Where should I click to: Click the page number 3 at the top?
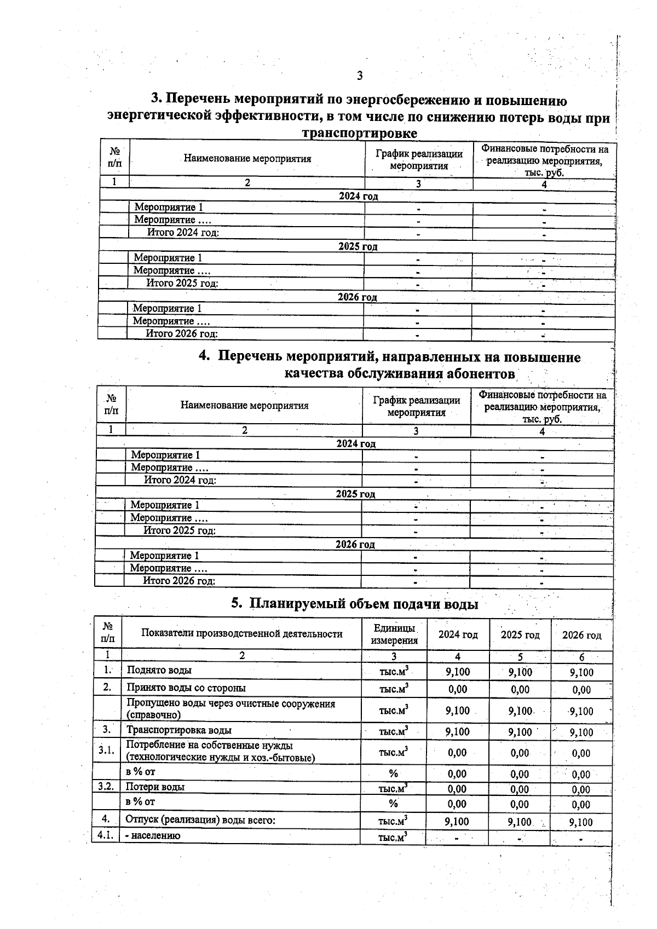pyautogui.click(x=360, y=76)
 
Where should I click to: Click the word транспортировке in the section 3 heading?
pyautogui.click(x=359, y=133)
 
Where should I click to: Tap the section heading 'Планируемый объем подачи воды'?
pyautogui.click(x=354, y=604)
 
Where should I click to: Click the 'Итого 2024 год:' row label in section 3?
pyautogui.click(x=183, y=233)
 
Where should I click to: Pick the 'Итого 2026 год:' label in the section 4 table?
pyautogui.click(x=179, y=581)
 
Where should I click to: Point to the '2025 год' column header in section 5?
pyautogui.click(x=520, y=635)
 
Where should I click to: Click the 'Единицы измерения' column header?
pyautogui.click(x=394, y=634)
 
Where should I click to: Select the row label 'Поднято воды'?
pyautogui.click(x=159, y=670)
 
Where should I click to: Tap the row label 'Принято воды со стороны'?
pyautogui.click(x=186, y=688)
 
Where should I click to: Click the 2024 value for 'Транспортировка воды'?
pyautogui.click(x=458, y=732)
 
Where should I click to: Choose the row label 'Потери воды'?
pyautogui.click(x=155, y=787)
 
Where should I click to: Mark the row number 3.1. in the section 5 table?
pyautogui.click(x=106, y=751)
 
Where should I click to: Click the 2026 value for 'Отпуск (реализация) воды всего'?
pyautogui.click(x=581, y=822)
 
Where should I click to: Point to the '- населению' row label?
pyautogui.click(x=153, y=836)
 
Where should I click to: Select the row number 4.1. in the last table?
pyautogui.click(x=105, y=835)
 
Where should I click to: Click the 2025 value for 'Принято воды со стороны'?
pyautogui.click(x=520, y=690)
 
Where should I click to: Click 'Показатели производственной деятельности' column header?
pyautogui.click(x=241, y=634)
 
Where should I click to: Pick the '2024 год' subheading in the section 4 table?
pyautogui.click(x=356, y=443)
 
